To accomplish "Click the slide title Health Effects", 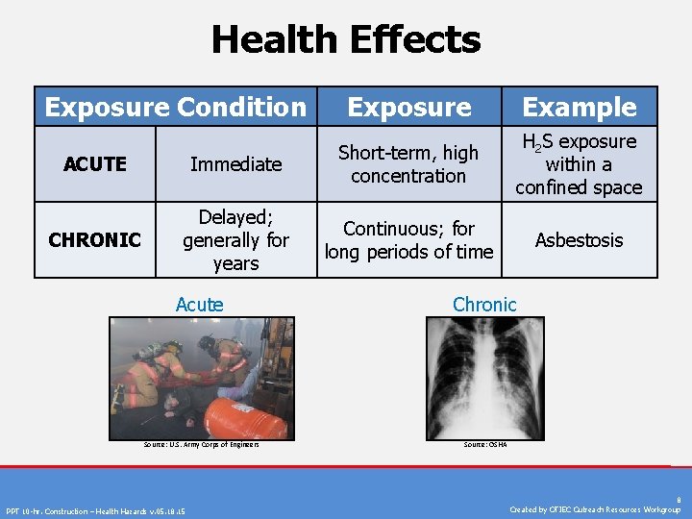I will (345, 40).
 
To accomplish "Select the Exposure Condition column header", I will (175, 107).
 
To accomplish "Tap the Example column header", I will (580, 108).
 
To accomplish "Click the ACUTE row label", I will (95, 164).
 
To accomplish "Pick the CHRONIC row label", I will (95, 239).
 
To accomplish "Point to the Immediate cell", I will (235, 164).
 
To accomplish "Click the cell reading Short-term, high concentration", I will (408, 164).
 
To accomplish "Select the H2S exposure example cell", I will (579, 164).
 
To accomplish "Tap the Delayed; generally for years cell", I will (235, 239).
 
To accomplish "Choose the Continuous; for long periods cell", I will (408, 240).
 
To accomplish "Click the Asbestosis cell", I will (580, 239).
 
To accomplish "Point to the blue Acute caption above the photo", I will (199, 305).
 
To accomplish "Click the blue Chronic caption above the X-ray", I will (484, 305).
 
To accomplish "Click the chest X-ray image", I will (484, 377).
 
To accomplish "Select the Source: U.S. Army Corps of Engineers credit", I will (201, 445).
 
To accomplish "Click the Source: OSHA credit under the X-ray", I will (484, 445).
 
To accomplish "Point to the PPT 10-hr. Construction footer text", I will (96, 510).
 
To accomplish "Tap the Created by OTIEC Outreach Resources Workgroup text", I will (595, 509).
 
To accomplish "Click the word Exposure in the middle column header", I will (409, 108).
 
